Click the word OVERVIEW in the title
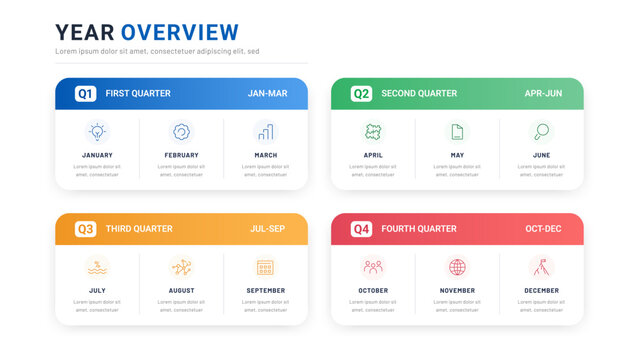180,32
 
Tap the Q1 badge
85,93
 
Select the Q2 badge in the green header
361,93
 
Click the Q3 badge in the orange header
85,229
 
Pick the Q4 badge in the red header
361,229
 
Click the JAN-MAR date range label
267,93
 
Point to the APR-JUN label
543,93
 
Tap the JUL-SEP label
267,229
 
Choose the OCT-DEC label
543,229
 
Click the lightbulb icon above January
97,131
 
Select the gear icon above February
181,131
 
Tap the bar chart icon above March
265,131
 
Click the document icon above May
457,131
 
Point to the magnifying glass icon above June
541,131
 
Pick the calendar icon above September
265,267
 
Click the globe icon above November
457,267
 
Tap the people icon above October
373,267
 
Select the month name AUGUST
181,291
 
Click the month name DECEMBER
541,291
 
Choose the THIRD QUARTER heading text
139,229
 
